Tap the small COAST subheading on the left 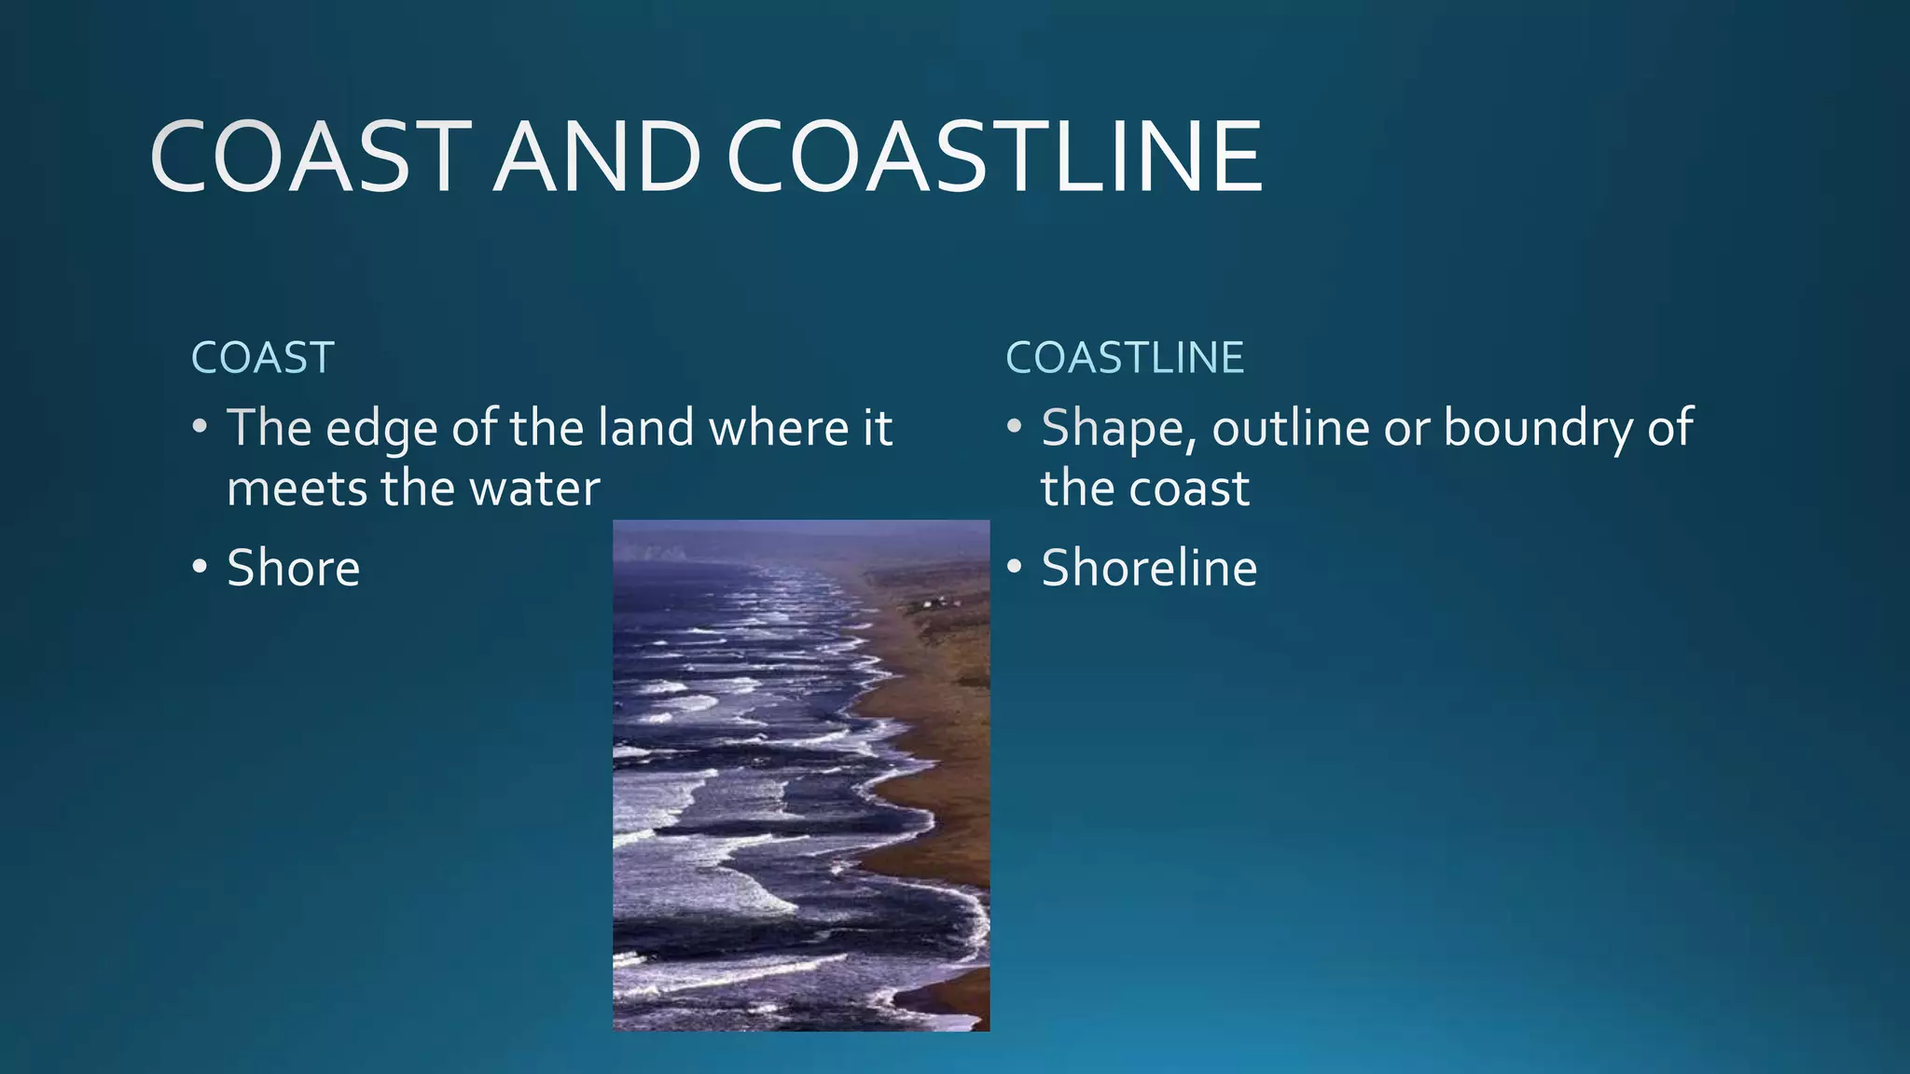click(263, 358)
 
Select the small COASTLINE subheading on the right click(1125, 358)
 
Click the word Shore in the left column click(293, 568)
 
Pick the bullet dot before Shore click(200, 567)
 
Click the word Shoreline click(1149, 568)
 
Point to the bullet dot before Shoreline click(1015, 567)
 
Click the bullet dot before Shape click(1015, 427)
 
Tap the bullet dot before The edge click(200, 427)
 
